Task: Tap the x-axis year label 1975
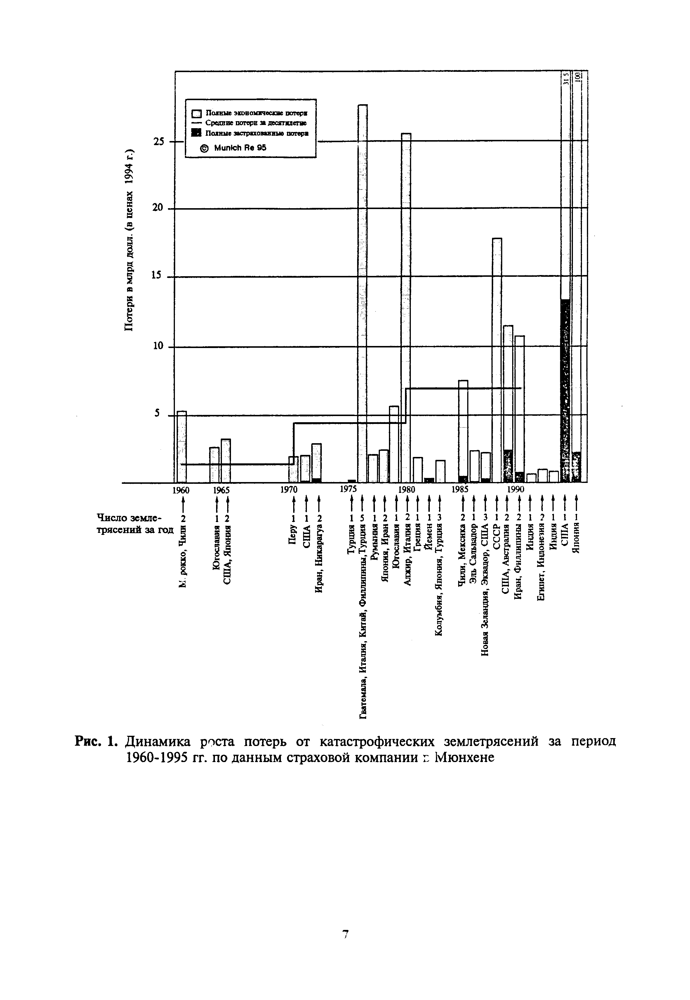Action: coord(348,489)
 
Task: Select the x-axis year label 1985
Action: coord(460,489)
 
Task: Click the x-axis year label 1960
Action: coord(181,490)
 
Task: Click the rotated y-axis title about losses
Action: coord(130,240)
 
